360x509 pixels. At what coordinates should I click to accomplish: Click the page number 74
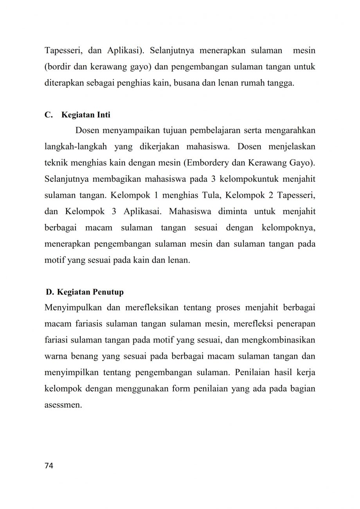(x=49, y=466)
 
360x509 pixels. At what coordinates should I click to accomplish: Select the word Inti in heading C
(x=104, y=115)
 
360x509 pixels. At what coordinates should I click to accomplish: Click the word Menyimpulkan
(x=73, y=307)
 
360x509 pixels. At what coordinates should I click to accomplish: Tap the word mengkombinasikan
(x=279, y=340)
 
